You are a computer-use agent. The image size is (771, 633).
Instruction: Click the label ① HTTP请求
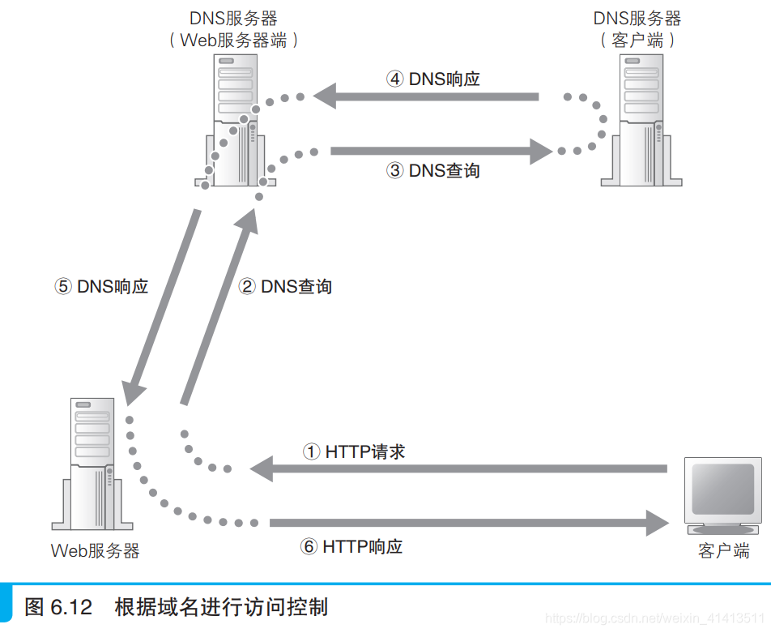click(x=354, y=451)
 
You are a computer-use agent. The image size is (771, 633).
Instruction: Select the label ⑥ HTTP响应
click(x=351, y=546)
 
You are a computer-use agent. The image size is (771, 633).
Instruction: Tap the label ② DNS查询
click(x=285, y=286)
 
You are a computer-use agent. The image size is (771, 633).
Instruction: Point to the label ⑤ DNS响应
click(x=101, y=286)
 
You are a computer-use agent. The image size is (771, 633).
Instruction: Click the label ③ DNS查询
click(x=433, y=170)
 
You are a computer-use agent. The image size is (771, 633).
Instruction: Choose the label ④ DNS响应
click(x=433, y=79)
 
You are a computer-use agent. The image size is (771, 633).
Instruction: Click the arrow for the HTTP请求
click(x=458, y=468)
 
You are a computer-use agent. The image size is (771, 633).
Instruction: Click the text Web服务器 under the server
click(x=95, y=551)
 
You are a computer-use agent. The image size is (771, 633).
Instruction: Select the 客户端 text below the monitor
click(x=723, y=551)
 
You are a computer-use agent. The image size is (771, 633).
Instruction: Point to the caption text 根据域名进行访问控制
click(x=221, y=606)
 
